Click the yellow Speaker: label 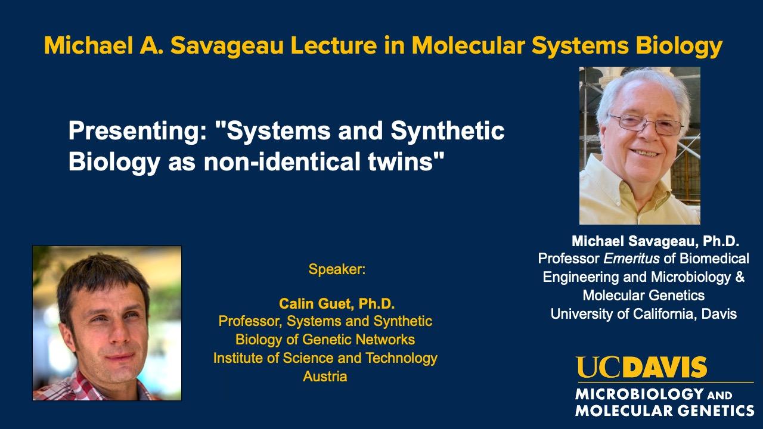[x=336, y=269]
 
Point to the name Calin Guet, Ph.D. [x=337, y=304]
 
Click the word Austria [x=325, y=377]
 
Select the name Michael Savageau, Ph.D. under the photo [x=655, y=241]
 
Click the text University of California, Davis [x=643, y=313]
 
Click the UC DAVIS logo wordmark [x=641, y=368]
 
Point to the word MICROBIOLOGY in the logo [x=631, y=394]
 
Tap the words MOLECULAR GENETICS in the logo [x=664, y=411]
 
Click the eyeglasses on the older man [x=645, y=123]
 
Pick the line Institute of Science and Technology [x=325, y=358]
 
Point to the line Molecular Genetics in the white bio [x=643, y=296]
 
